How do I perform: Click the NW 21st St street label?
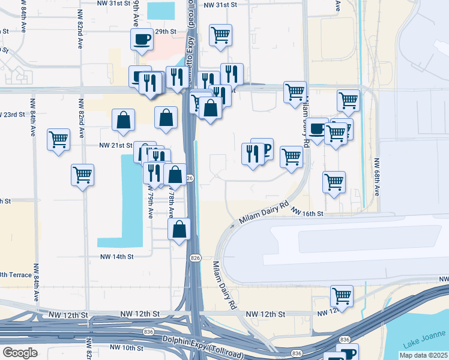[115, 145]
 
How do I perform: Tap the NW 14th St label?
[115, 256]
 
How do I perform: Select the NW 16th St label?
[308, 213]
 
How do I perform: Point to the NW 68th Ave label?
[378, 176]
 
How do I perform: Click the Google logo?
[20, 353]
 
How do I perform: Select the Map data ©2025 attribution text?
[424, 355]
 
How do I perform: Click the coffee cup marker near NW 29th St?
[142, 40]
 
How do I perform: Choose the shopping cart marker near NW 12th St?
[342, 295]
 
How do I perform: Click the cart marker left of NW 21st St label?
[59, 140]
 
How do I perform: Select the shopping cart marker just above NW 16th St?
[334, 181]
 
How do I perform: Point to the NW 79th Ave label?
[149, 205]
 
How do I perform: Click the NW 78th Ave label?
[170, 203]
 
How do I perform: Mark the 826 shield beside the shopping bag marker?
[190, 178]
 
